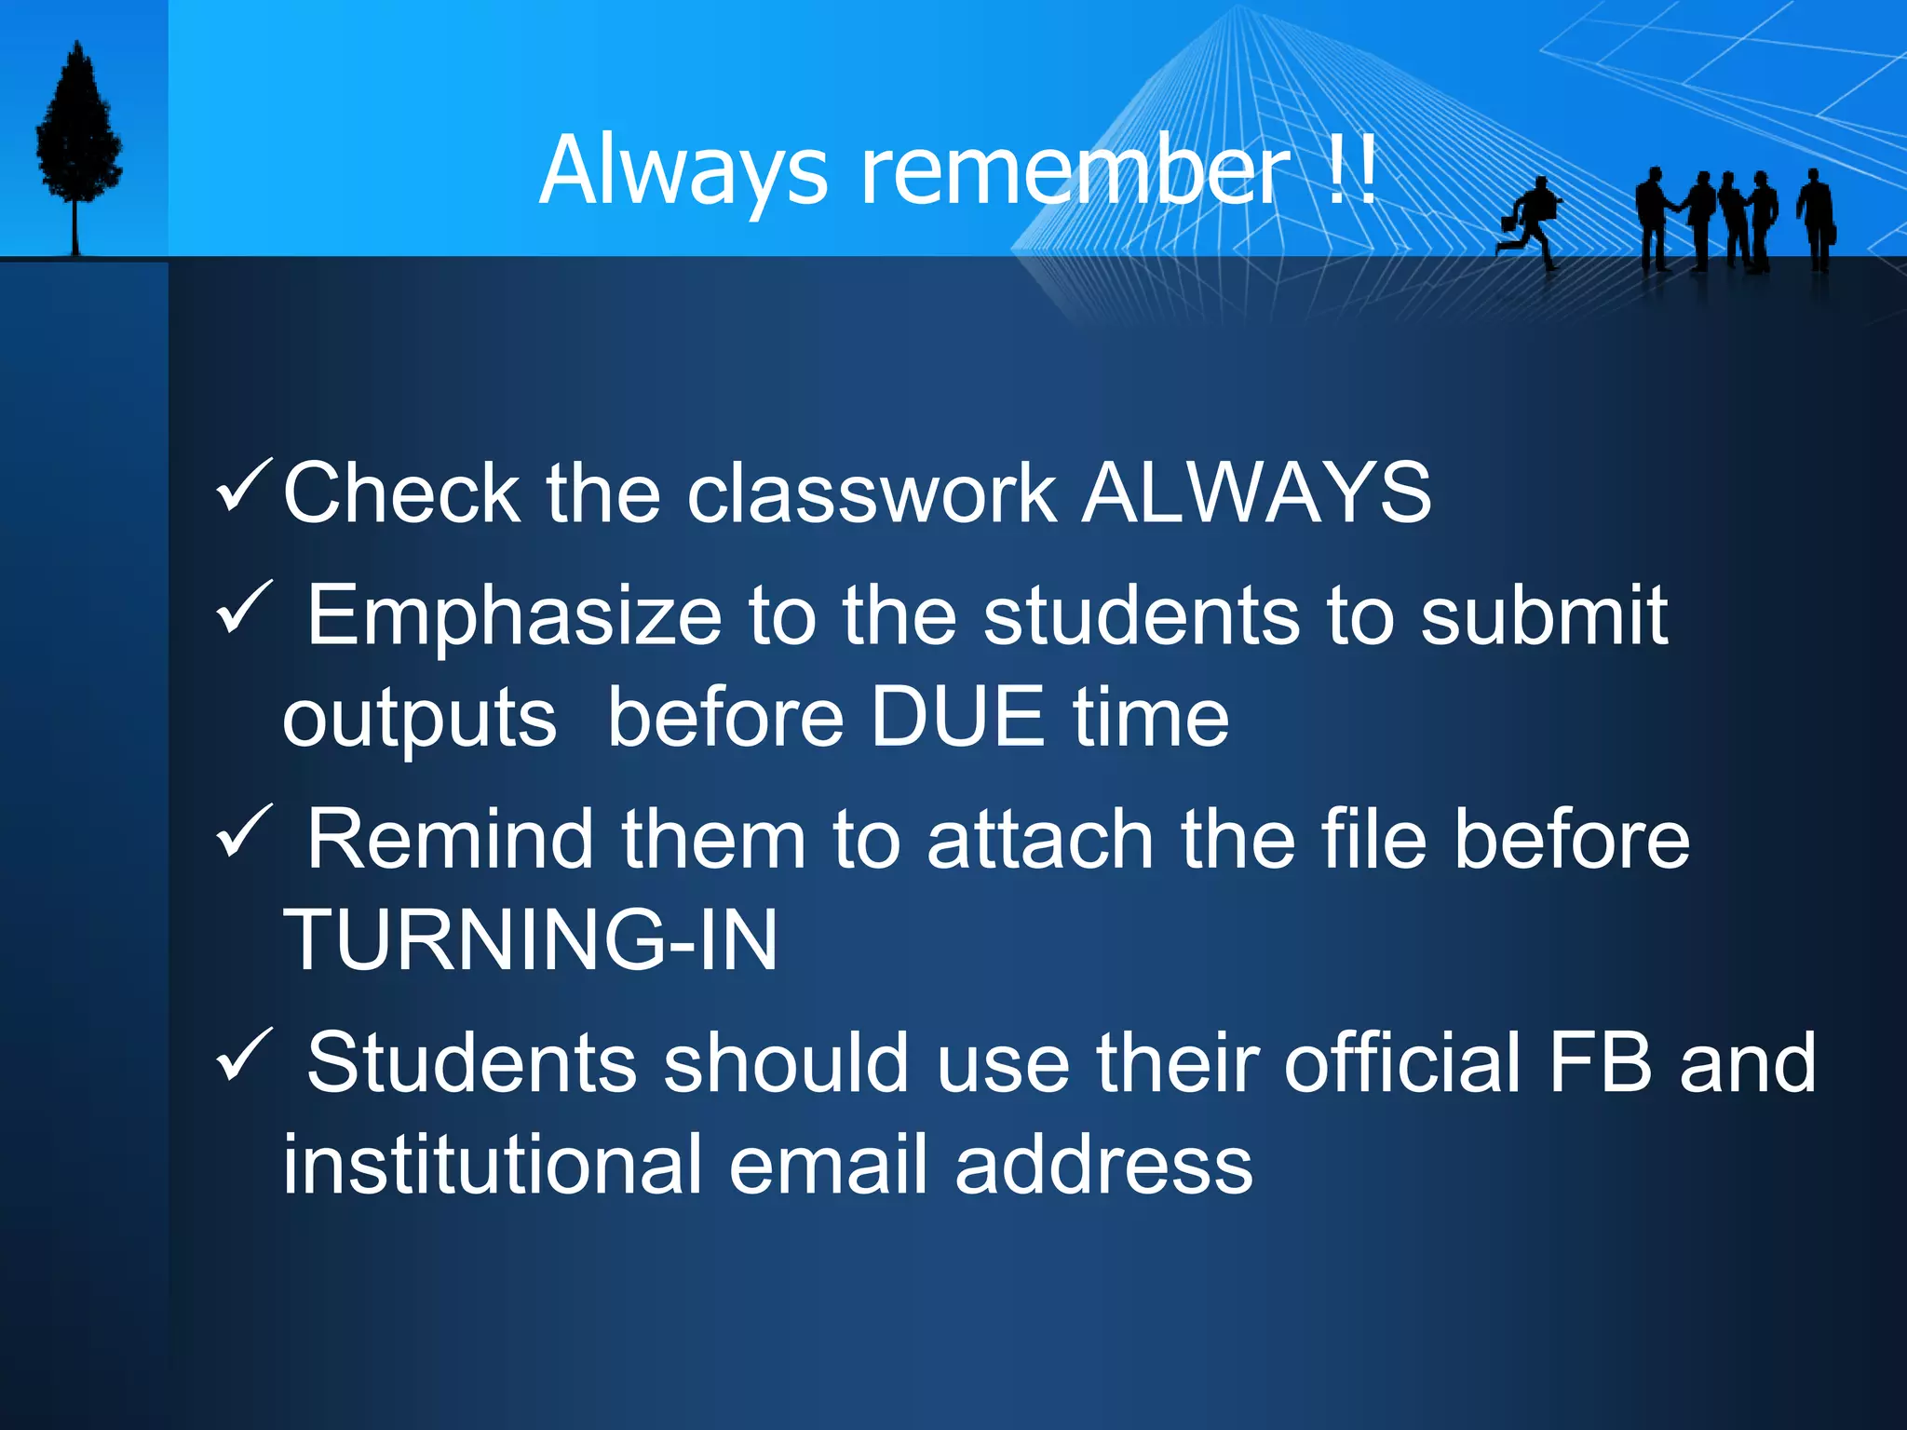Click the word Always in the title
click(x=683, y=171)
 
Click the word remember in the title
click(x=1075, y=171)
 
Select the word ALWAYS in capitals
click(x=1257, y=492)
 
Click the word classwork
click(x=872, y=492)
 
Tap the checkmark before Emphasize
click(x=244, y=607)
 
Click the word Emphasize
click(x=514, y=615)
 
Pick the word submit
click(x=1543, y=615)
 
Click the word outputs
click(x=419, y=719)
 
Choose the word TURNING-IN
click(x=530, y=940)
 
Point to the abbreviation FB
click(x=1599, y=1062)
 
